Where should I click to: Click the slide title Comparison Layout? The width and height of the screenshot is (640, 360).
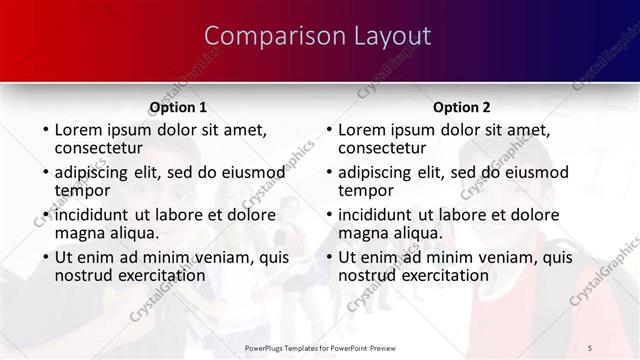point(318,37)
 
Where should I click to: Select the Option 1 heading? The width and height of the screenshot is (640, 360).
point(178,107)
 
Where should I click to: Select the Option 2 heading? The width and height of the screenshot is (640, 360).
point(461,107)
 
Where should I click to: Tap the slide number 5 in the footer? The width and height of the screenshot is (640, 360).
point(591,346)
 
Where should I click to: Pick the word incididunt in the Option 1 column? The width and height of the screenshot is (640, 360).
point(93,215)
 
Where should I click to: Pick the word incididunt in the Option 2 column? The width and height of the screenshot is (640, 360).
point(376,215)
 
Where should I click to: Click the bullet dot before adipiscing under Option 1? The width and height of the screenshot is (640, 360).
point(45,173)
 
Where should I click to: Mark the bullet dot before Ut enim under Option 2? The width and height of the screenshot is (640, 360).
point(328,258)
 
